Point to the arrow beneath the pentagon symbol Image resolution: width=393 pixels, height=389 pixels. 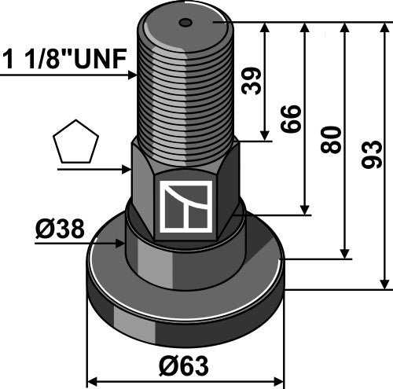125,168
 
